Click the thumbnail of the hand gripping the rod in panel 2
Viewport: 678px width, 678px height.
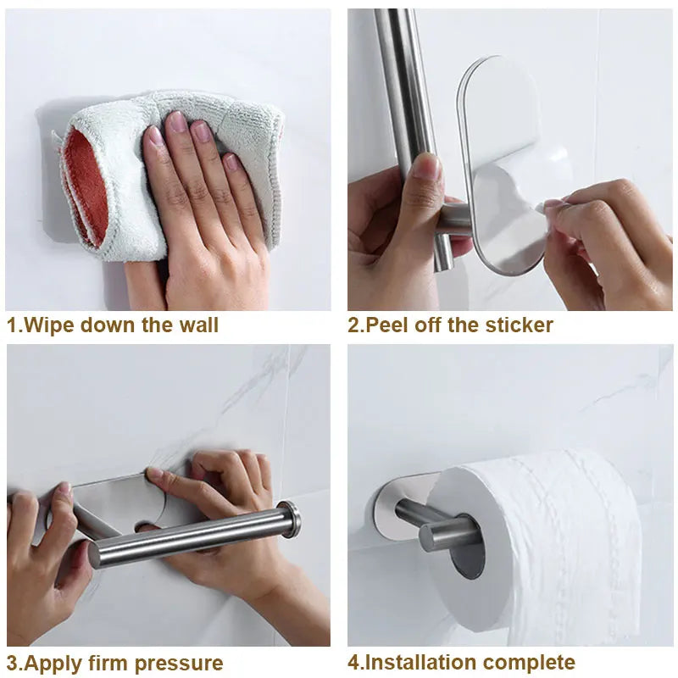click(x=429, y=165)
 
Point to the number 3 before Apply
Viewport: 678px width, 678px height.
click(x=13, y=663)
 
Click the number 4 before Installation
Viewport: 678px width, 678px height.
click(x=354, y=663)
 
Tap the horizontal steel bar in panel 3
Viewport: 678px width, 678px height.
click(x=186, y=538)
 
